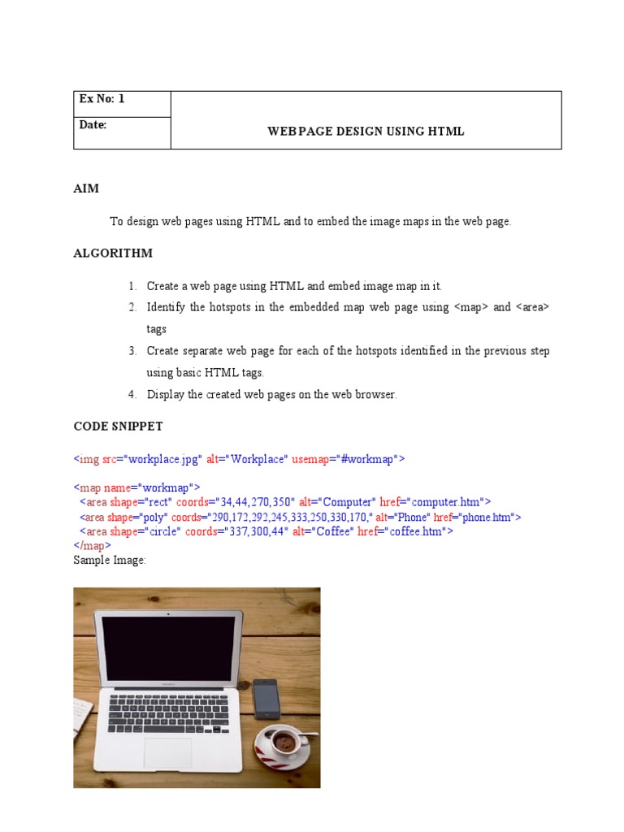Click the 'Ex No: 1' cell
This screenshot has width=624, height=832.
[x=102, y=99]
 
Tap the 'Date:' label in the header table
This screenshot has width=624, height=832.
[x=93, y=124]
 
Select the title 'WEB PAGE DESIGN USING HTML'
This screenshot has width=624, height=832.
[x=366, y=131]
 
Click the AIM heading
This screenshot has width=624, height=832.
[x=86, y=188]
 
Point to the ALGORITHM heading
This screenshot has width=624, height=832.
[x=113, y=253]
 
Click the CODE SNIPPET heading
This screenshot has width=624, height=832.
[x=118, y=426]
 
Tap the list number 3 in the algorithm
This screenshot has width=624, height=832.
[x=132, y=351]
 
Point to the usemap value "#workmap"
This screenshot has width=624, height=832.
[x=368, y=459]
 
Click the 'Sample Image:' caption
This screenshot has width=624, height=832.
[x=110, y=561]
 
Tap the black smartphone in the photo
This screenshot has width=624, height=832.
[x=266, y=698]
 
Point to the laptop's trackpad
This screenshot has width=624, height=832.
[x=167, y=753]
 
